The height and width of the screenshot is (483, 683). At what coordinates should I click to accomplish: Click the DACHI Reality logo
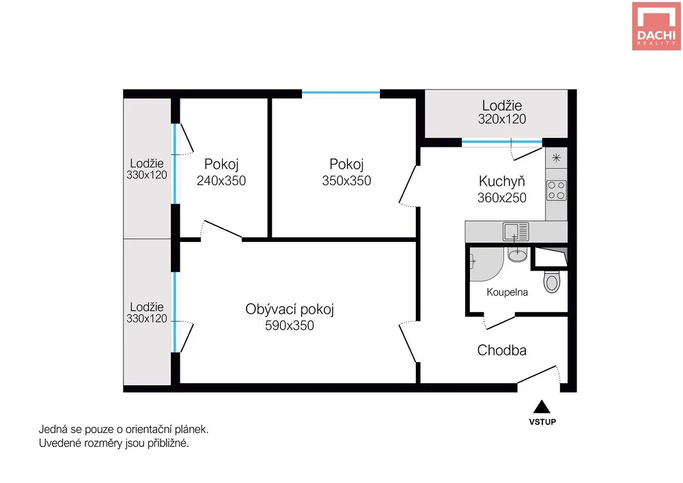pos(656,26)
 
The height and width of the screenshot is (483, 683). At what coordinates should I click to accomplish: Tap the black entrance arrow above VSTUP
pos(542,406)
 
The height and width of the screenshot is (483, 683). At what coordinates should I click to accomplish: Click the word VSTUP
pos(542,422)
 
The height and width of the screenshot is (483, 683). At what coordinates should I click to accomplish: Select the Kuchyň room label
pos(502,181)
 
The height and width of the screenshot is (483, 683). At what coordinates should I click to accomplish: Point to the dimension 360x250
pos(502,197)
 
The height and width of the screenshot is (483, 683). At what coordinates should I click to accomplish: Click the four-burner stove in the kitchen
pos(556,191)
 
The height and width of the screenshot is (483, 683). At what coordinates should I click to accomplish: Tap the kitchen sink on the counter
pos(516,232)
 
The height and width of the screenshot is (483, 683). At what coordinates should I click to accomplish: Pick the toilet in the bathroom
pos(552,281)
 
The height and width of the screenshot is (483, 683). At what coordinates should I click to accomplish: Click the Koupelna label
pos(507,292)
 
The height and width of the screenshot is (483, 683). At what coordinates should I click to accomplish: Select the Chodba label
pos(502,350)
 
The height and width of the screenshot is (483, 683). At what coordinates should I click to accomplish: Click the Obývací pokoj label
pos(290,309)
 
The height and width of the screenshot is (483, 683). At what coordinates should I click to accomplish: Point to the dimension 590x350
pos(290,325)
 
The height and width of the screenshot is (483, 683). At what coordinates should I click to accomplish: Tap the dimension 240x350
pos(221,181)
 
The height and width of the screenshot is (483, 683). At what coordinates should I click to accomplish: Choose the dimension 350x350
pos(347,181)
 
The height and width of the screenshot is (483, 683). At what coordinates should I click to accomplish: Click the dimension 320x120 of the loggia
pos(502,119)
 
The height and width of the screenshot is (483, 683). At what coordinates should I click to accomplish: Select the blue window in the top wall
pos(341,93)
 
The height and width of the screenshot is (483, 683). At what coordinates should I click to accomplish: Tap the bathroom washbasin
pos(518,254)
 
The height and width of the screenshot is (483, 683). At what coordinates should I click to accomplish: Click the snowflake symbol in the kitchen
pos(556,158)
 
